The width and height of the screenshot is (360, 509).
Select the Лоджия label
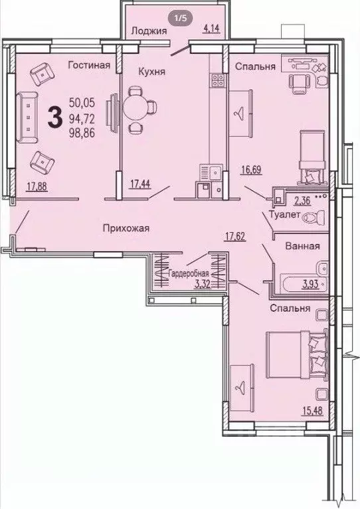tap(148, 30)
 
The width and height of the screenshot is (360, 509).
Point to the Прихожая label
tap(126, 228)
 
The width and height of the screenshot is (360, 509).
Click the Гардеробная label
tap(189, 274)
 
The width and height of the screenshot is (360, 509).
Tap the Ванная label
tap(302, 246)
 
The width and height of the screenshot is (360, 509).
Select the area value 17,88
tap(37, 187)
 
